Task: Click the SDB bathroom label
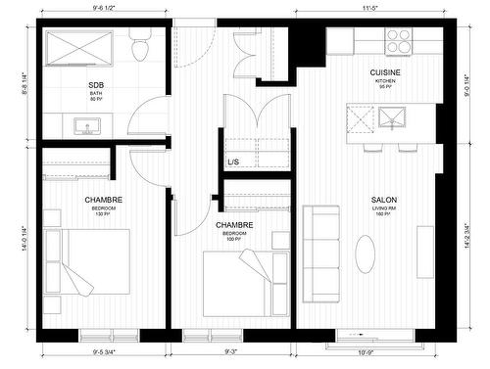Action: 96,86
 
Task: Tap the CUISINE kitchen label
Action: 383,73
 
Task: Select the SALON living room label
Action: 383,200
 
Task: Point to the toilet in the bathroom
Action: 140,46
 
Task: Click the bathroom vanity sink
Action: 83,125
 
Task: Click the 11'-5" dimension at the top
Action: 368,8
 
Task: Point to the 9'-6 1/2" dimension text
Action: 96,8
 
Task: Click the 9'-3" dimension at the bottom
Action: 233,350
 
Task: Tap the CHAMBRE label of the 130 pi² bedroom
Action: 103,200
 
